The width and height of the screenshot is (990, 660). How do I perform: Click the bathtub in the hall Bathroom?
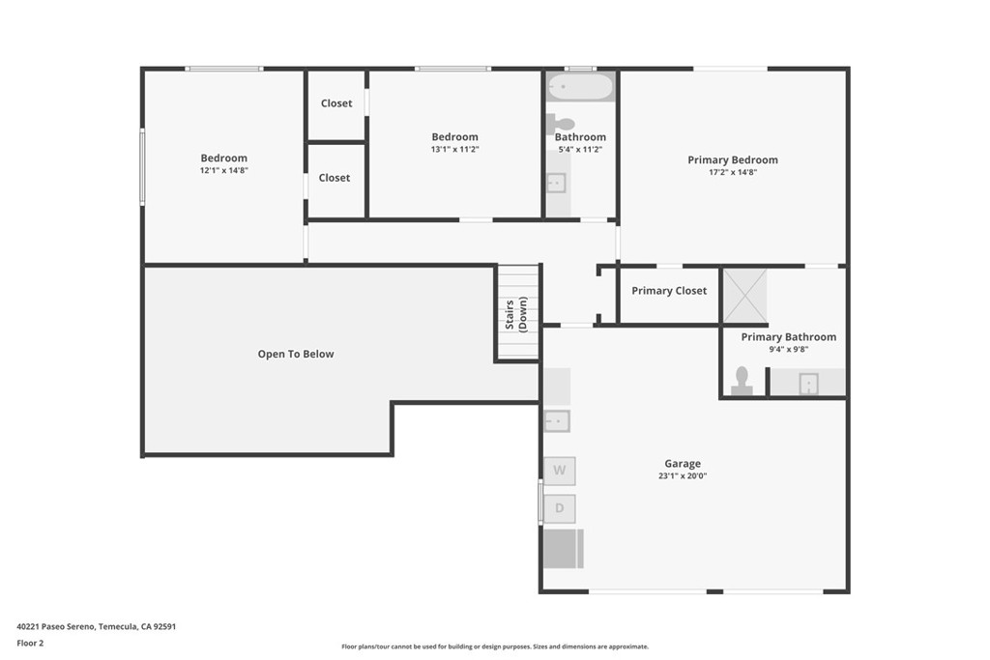tap(580, 88)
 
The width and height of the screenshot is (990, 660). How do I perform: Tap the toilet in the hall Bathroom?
tap(560, 123)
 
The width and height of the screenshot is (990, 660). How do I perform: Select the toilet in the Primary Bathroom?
tap(742, 381)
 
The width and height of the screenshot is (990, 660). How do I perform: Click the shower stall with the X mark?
tap(744, 296)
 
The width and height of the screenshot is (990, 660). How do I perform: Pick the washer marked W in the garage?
tap(559, 471)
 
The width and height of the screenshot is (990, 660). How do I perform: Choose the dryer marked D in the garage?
tap(559, 508)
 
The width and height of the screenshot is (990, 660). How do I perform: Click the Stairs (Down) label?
tap(516, 315)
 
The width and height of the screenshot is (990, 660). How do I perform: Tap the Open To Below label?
tap(295, 355)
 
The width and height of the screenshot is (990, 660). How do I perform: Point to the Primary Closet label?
tap(669, 291)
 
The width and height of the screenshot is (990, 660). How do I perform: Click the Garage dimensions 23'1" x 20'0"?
tap(682, 475)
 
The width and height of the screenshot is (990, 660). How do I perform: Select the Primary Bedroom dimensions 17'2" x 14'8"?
tap(732, 172)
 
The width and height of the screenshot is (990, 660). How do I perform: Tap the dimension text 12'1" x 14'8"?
tap(223, 170)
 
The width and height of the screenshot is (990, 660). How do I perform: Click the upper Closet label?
tap(336, 103)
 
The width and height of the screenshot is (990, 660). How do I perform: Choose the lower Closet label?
tap(335, 178)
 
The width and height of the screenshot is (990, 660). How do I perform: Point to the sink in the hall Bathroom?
tap(556, 183)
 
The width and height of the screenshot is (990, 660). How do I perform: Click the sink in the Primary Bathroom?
tap(807, 384)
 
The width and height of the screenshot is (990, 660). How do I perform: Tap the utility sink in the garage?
tap(556, 420)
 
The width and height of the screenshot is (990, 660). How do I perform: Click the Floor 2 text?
tap(30, 643)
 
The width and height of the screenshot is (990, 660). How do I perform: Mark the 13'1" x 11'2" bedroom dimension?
tap(454, 149)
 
